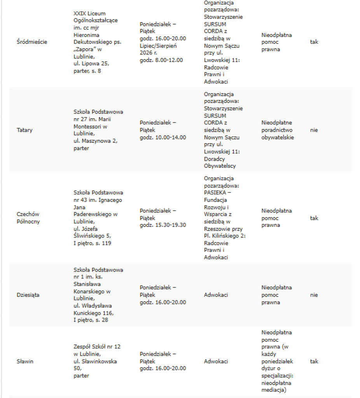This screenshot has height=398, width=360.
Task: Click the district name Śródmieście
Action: point(32,42)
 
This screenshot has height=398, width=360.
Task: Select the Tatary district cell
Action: point(24,130)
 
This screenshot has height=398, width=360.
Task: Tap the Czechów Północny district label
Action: point(28,218)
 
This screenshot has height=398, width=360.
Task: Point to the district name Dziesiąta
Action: point(28,295)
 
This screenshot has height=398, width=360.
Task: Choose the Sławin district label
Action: point(25,361)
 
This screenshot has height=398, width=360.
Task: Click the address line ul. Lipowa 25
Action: point(91,63)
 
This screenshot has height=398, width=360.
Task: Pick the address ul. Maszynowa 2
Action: point(95,141)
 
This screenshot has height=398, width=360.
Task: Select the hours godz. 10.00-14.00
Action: point(163,138)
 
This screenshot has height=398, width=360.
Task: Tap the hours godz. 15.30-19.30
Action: point(163,225)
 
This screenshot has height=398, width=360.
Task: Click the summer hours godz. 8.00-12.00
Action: point(161,60)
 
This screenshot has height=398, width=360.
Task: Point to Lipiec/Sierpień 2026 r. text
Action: point(158,49)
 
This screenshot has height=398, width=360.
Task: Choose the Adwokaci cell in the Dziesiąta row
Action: point(216,295)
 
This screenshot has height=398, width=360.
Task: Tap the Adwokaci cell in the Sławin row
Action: point(216,361)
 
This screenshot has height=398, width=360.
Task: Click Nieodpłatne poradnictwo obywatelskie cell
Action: point(278,130)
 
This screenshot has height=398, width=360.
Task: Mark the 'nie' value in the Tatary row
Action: point(314,130)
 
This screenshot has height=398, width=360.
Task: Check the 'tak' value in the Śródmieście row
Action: point(314,42)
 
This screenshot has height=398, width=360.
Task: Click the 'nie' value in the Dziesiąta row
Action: point(314,295)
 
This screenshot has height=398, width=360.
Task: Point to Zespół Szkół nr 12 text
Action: point(97,347)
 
